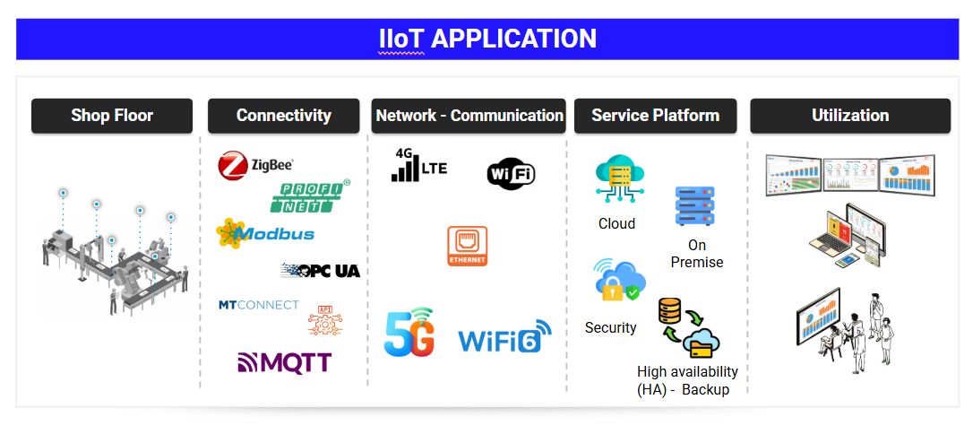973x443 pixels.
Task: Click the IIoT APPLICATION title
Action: (486, 39)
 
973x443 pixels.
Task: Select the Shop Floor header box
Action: (112, 116)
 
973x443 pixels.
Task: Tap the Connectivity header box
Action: (284, 116)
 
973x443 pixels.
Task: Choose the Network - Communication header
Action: (469, 116)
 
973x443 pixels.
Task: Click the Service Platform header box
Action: (655, 116)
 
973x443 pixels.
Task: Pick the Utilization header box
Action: (849, 116)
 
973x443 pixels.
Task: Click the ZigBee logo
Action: (256, 166)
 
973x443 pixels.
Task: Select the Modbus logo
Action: (265, 234)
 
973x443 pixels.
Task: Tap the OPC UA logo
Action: (321, 270)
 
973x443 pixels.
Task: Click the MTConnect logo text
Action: (259, 305)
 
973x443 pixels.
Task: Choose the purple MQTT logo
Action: (285, 362)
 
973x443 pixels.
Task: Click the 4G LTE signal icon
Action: (418, 167)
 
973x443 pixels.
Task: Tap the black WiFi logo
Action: (511, 171)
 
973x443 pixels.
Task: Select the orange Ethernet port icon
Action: (468, 246)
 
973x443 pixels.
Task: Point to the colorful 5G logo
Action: (409, 333)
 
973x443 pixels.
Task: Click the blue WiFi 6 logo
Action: (504, 337)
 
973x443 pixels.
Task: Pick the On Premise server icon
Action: (695, 206)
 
